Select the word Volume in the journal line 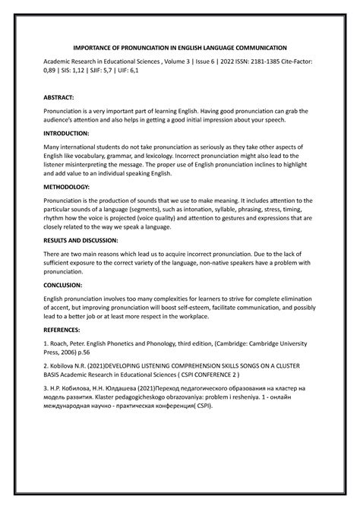[180, 65]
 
